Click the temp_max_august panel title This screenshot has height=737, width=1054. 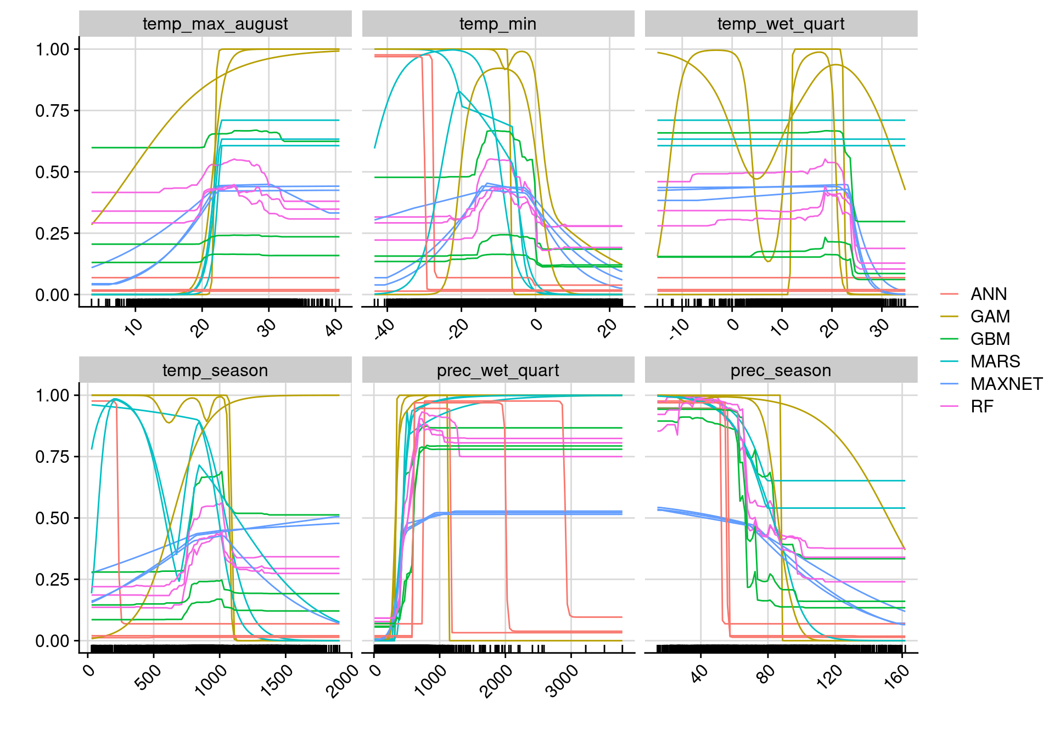click(x=215, y=24)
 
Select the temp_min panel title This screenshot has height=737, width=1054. click(x=498, y=24)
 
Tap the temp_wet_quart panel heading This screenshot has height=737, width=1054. click(x=781, y=24)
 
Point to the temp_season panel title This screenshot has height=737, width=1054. click(x=215, y=371)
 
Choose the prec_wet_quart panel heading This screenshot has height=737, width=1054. click(x=498, y=371)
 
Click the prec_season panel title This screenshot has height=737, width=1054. click(x=781, y=371)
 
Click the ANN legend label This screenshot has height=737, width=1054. click(x=988, y=294)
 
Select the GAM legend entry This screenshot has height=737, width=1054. click(x=990, y=317)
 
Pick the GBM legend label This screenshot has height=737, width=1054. click(x=990, y=339)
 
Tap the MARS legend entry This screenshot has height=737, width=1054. click(x=995, y=362)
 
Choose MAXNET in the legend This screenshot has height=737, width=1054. click(x=1006, y=384)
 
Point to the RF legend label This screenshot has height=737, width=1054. click(x=982, y=407)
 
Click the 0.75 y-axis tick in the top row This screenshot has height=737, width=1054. click(x=53, y=111)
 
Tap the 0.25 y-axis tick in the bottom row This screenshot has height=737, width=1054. click(x=53, y=580)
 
